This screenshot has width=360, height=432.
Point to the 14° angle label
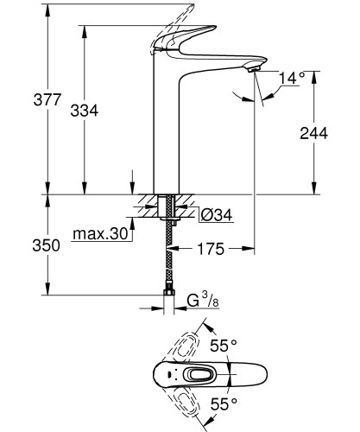293,79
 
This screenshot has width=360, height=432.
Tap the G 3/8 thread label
200,302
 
